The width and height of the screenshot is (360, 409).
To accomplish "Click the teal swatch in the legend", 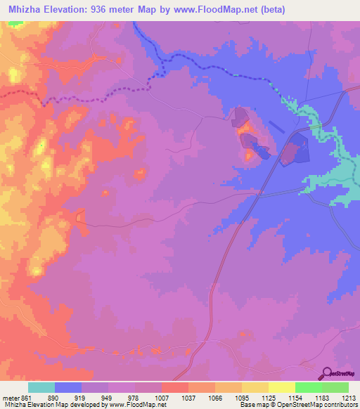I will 41,387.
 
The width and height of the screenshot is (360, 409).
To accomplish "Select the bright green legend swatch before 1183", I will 308,387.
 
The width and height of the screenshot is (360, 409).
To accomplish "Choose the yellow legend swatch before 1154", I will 281,387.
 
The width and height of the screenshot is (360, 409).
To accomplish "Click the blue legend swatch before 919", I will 68,387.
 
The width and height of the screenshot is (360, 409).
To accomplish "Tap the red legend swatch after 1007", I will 174,387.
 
